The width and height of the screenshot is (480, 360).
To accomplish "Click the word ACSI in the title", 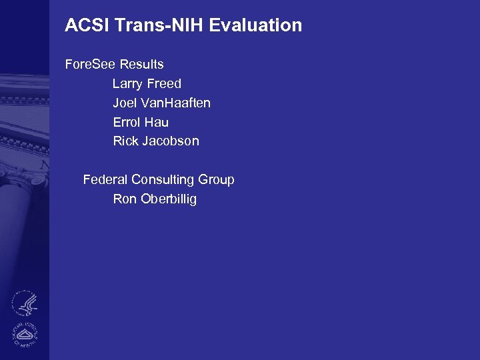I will (x=87, y=26).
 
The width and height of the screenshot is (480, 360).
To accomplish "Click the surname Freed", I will (x=165, y=84).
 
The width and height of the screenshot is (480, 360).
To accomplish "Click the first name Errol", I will (x=127, y=123).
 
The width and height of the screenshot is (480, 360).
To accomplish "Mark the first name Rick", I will (x=126, y=141).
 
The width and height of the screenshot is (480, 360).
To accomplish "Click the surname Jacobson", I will (x=171, y=141).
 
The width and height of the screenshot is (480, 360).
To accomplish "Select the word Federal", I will (x=105, y=180).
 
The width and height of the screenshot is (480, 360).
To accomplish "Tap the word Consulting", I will (x=163, y=180).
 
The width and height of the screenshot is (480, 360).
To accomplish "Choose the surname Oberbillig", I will (x=169, y=199).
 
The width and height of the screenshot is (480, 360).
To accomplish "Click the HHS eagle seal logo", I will (x=25, y=303).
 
